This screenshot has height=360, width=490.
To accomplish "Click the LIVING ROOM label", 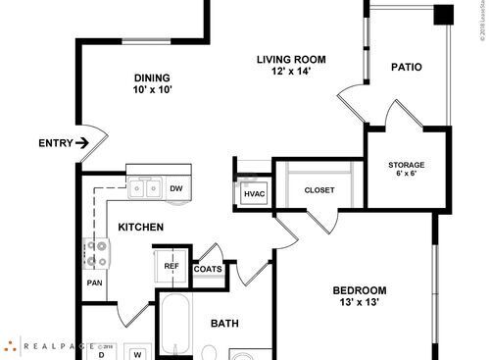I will coord(291,59).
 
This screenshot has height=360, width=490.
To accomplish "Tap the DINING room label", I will coord(152,78).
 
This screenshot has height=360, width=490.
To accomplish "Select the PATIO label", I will coord(407,68).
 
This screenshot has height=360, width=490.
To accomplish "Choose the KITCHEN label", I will coord(140,228).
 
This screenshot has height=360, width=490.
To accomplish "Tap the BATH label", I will coord(224,323).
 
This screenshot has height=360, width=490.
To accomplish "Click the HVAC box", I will coord(254,194).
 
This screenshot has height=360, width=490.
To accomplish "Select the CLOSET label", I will coord(319,190).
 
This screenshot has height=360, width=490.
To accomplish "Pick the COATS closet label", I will coord(208,269).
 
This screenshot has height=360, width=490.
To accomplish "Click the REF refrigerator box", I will coord(171,266).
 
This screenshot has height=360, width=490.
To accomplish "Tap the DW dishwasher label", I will coord(176,188).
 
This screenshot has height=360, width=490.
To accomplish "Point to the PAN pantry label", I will coord(95,283).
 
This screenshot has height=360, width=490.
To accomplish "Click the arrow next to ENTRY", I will coord(81,143).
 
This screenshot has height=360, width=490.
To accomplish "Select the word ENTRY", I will coord(55,143).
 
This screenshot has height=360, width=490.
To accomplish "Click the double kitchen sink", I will coord(147,187).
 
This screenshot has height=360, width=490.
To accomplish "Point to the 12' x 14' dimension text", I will coord(291,72).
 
